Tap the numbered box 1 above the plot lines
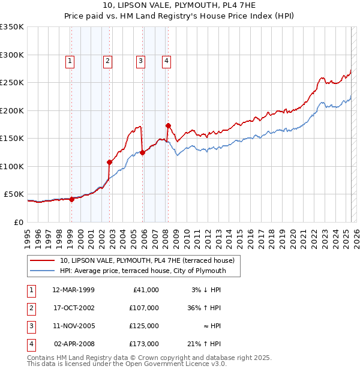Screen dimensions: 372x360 click(x=71, y=60)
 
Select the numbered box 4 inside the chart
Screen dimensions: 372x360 click(x=166, y=60)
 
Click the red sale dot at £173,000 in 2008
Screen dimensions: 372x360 click(x=168, y=125)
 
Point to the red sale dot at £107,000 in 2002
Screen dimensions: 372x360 click(x=110, y=162)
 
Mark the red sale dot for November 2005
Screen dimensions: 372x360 click(x=143, y=152)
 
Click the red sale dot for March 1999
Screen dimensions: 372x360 click(x=71, y=199)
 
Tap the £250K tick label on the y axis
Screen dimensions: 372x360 click(x=12, y=82)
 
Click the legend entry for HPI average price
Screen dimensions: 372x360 click(x=143, y=271)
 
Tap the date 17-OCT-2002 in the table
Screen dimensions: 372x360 click(x=74, y=308)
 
